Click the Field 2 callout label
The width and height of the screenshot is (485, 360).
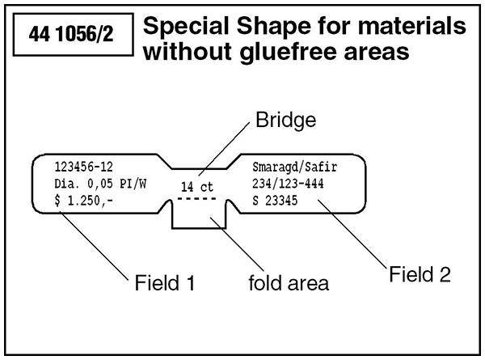(x=419, y=275)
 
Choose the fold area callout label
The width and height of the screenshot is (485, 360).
(x=288, y=283)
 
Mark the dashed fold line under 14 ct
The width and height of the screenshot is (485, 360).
(x=196, y=198)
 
